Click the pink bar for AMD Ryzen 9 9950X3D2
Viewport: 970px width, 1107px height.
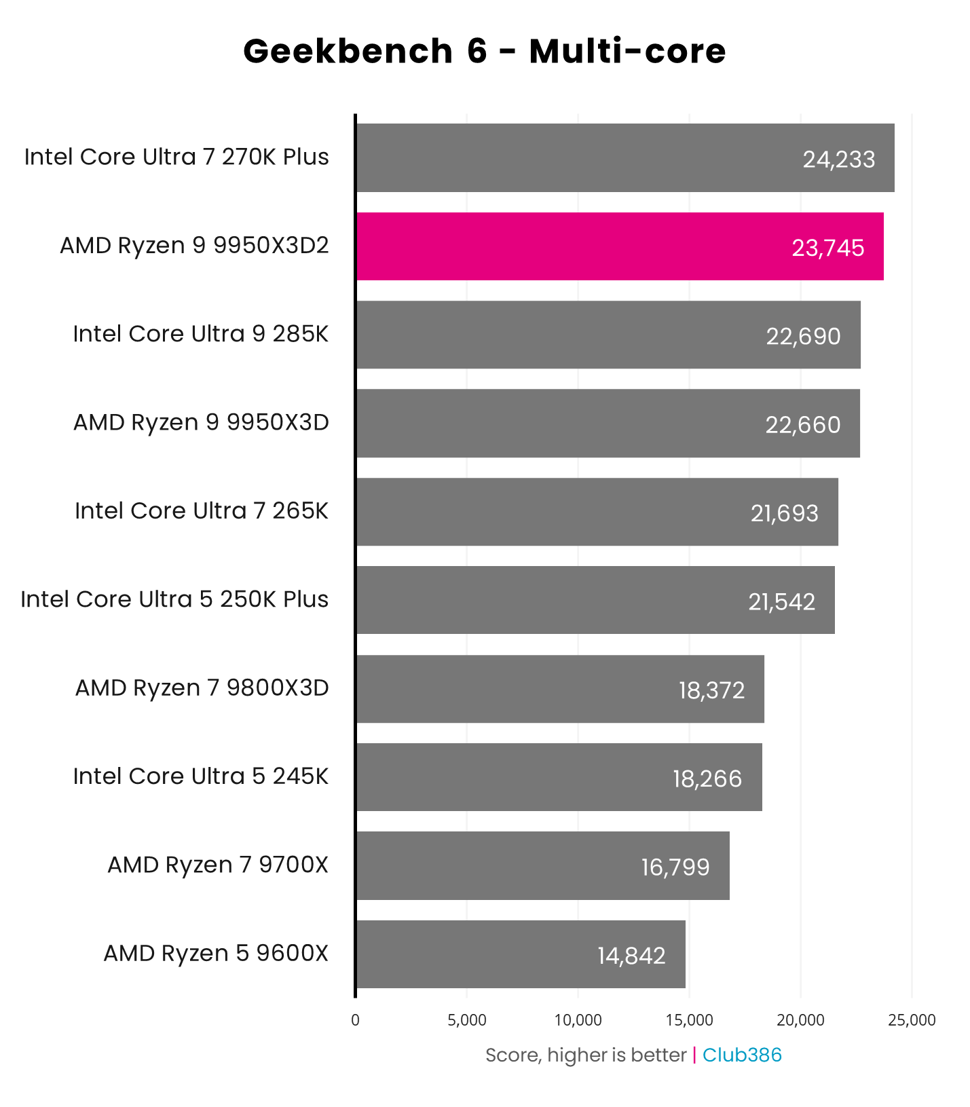(x=619, y=246)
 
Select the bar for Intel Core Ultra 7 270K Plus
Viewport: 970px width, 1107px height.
(x=624, y=157)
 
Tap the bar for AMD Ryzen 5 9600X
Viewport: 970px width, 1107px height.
(x=520, y=954)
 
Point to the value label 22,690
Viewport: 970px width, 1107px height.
(x=803, y=336)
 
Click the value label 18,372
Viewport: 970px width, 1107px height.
(x=711, y=690)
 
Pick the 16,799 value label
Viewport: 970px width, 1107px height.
(x=675, y=867)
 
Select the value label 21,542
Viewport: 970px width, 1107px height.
(x=781, y=601)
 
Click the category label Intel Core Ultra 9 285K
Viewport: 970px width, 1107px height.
(x=200, y=334)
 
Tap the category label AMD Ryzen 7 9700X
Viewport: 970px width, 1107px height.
(x=217, y=865)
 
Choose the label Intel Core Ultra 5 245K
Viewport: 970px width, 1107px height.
(x=200, y=776)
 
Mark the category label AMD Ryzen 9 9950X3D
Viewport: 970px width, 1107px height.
(x=201, y=422)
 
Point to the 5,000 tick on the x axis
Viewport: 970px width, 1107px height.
(x=467, y=1020)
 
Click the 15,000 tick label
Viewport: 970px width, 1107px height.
(x=689, y=1020)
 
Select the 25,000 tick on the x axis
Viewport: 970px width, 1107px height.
(x=912, y=1020)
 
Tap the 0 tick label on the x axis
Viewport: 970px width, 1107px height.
(x=355, y=1020)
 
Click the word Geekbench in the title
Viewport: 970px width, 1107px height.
(x=348, y=52)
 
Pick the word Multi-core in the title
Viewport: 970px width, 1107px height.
(x=627, y=52)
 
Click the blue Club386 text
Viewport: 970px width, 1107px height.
(x=742, y=1055)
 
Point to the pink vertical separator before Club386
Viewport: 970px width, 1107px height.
(x=694, y=1055)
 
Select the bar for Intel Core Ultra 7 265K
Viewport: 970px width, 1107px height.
(x=597, y=512)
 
